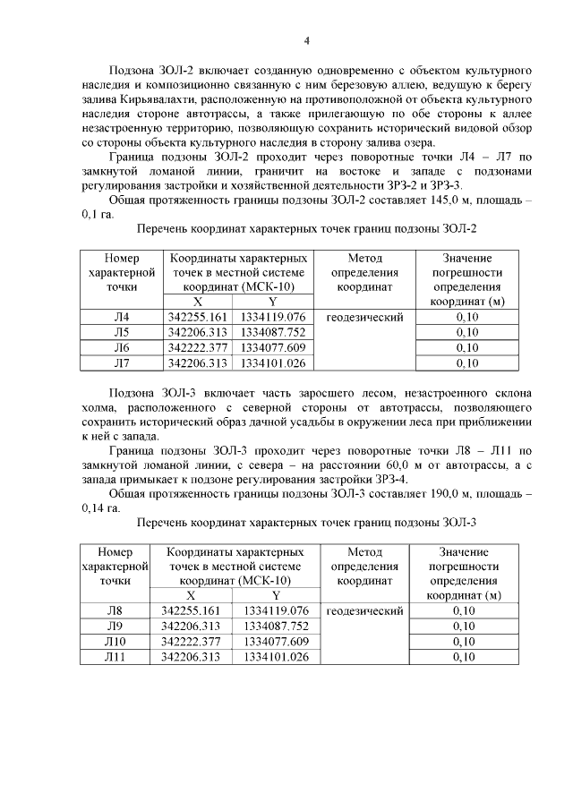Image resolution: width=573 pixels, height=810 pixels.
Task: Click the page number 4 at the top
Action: coord(307,40)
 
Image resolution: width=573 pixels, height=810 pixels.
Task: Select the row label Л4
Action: coord(122,317)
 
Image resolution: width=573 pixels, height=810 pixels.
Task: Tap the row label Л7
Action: coord(122,362)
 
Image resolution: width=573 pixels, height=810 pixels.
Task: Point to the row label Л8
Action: coord(115,610)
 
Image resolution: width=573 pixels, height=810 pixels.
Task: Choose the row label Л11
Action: coord(115,657)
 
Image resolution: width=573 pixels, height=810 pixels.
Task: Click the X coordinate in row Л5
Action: coord(198,332)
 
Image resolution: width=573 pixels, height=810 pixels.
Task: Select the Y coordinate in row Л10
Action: coord(275,642)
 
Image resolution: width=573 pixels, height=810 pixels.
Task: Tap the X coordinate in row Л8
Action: coord(191,610)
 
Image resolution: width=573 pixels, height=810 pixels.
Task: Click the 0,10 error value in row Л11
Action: coord(463,657)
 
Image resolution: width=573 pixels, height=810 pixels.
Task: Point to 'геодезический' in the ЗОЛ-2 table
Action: coord(364,317)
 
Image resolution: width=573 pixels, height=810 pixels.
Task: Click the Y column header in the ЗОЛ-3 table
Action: coord(276,595)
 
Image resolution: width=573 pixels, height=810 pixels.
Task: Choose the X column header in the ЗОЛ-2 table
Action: coord(198,302)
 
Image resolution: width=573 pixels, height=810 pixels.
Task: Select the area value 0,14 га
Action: coord(100,507)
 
